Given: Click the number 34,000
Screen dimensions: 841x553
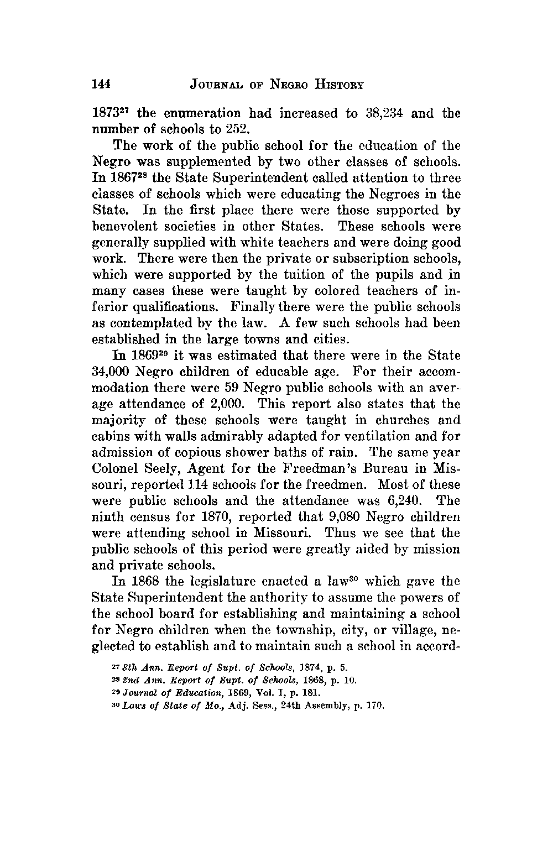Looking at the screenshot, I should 113,372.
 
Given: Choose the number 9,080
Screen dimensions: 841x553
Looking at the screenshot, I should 338,518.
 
